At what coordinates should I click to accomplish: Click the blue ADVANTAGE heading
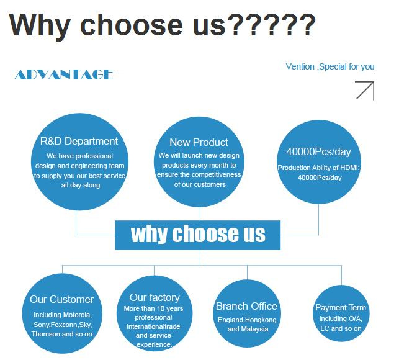(64, 74)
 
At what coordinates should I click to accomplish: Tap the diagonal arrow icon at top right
(365, 91)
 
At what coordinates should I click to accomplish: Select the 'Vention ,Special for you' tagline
(330, 66)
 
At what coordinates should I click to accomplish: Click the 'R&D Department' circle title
(79, 142)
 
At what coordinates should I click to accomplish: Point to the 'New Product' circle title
(199, 142)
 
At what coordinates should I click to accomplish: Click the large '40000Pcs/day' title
(318, 151)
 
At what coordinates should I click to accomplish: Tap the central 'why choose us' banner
(198, 235)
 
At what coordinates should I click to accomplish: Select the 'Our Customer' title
(62, 299)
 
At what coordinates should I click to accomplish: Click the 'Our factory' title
(155, 298)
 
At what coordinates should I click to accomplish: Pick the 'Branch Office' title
(246, 306)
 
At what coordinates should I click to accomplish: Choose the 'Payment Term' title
(341, 308)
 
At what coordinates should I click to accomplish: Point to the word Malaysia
(254, 329)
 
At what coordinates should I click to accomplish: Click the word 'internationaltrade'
(153, 326)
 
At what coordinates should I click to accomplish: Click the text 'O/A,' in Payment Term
(354, 319)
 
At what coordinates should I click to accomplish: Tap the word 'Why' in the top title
(40, 25)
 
